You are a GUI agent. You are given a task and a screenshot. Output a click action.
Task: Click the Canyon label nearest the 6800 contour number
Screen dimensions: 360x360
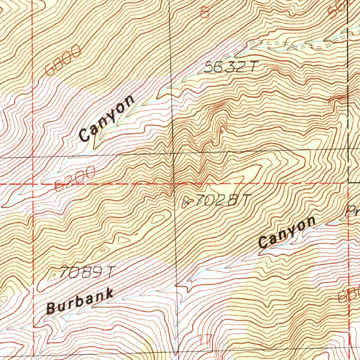click(107, 118)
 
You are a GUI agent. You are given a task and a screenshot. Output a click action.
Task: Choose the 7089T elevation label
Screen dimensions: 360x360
click(87, 272)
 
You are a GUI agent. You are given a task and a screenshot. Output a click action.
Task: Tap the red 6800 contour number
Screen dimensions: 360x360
click(63, 61)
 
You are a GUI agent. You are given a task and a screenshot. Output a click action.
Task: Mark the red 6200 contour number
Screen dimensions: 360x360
click(75, 178)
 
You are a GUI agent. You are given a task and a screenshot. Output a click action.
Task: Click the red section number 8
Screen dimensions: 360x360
click(204, 13)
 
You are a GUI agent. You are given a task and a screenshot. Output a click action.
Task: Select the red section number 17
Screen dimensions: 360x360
click(204, 340)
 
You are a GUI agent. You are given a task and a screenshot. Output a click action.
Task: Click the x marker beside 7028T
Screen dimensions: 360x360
click(187, 202)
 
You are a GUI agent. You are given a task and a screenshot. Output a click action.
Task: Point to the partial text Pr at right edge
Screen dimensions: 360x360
click(352, 211)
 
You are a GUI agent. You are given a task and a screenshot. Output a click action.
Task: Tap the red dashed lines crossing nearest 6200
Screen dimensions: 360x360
click(33, 184)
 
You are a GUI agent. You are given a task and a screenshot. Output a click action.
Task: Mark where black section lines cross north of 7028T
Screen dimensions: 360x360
click(172, 153)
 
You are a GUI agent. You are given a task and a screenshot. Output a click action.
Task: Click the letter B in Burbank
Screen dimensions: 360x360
click(51, 308)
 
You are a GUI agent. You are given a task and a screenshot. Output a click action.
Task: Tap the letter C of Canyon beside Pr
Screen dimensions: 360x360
click(263, 242)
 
